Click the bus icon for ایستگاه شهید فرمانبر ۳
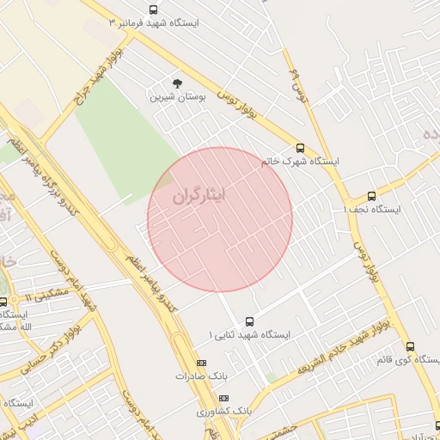(x=153, y=10)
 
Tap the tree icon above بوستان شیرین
(x=177, y=83)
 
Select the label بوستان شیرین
(x=179, y=98)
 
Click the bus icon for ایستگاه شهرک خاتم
(x=300, y=148)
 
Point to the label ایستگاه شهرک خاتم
(x=300, y=162)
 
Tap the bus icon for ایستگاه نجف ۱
(x=371, y=196)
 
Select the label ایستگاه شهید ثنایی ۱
(x=249, y=334)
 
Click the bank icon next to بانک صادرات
(x=202, y=364)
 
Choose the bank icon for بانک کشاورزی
(x=224, y=398)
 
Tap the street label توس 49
(x=297, y=82)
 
